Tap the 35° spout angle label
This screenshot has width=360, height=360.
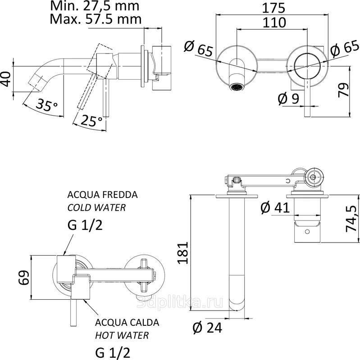coord(47,106)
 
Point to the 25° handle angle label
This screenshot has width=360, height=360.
coord(92,121)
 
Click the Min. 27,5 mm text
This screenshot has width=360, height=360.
coord(95,6)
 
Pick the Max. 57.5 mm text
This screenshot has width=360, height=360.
coord(96,19)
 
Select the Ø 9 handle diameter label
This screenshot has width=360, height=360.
coord(288,99)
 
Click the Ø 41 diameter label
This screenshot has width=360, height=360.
coord(275,208)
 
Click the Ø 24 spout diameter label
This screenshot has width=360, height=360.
coord(207,328)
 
